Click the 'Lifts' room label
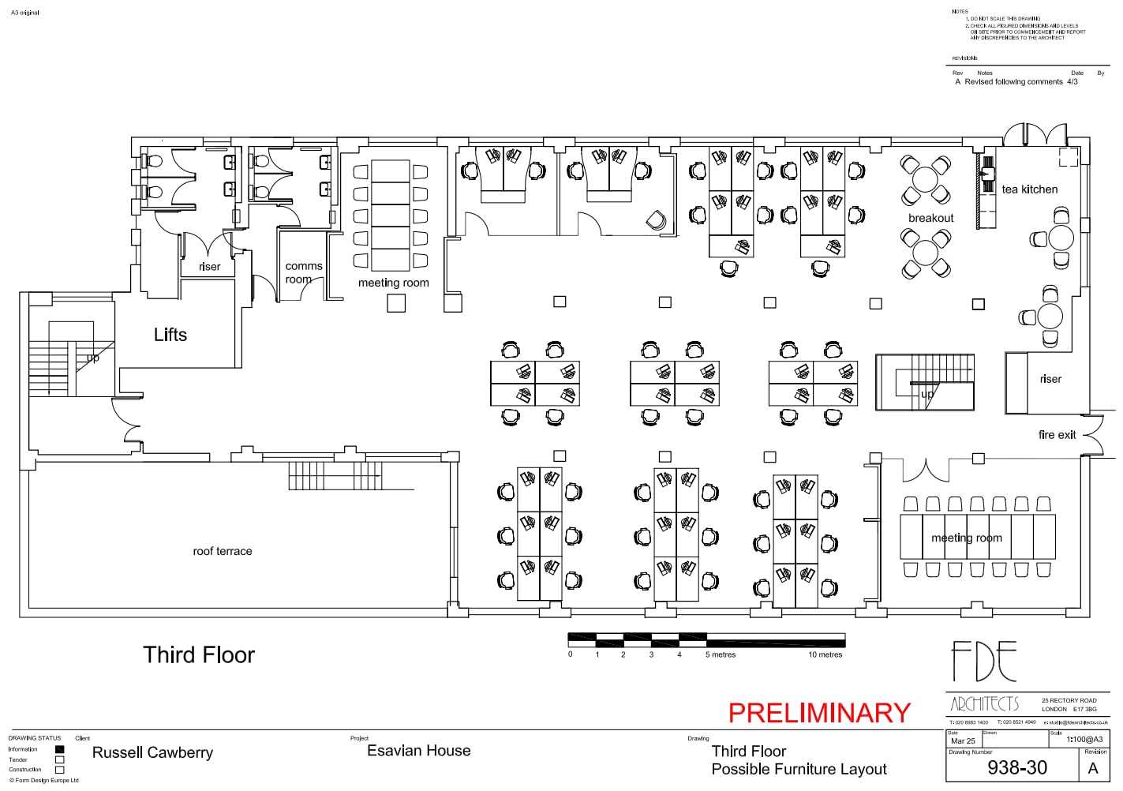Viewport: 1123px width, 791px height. point(170,335)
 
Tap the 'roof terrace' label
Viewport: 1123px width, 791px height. point(223,551)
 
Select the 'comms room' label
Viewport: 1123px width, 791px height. point(303,272)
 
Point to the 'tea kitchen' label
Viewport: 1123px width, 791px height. point(1029,189)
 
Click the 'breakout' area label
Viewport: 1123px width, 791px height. point(930,218)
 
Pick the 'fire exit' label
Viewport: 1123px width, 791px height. point(1057,435)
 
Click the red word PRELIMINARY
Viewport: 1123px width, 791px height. point(818,713)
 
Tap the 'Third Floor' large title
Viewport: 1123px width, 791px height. point(199,654)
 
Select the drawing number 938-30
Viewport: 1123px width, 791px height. point(1016,767)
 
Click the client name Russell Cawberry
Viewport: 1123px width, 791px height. point(152,752)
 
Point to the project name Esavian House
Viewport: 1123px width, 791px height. point(418,751)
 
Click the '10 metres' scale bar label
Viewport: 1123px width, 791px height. point(825,654)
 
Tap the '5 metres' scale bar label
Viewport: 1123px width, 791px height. point(720,654)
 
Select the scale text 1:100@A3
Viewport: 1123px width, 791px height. point(1084,740)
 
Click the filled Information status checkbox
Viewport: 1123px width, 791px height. point(59,749)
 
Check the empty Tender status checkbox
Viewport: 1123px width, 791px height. point(59,759)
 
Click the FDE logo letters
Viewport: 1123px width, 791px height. point(983,662)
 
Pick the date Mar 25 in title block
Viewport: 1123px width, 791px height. point(963,741)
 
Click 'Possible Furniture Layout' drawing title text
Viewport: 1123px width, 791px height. point(799,769)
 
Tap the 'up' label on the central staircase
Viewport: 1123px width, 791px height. point(926,393)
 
